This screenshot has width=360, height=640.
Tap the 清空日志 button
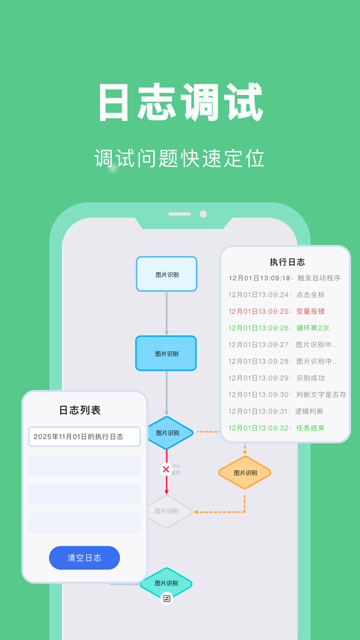coord(84,558)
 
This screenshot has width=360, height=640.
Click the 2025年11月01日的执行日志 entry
coord(84,436)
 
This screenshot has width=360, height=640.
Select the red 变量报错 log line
coord(276,311)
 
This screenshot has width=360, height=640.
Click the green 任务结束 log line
coord(276,428)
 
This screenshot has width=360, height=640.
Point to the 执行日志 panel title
coord(287,262)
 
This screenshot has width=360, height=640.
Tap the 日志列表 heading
coord(80,410)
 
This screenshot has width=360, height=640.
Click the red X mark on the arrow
coord(166,469)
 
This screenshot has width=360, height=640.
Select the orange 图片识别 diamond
coord(245,472)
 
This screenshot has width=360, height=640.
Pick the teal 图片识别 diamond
coord(166,583)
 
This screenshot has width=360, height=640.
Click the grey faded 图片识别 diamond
coord(167,511)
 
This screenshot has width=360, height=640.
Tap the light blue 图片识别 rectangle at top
coord(166,274)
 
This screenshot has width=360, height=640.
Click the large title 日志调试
coord(180,102)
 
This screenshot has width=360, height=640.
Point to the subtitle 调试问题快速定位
coord(179,158)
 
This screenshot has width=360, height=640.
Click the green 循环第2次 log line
coord(279,328)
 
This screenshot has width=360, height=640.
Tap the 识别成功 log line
coord(276,378)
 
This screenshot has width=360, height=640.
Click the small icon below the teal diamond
coord(166,598)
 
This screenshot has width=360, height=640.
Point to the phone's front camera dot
coord(203,214)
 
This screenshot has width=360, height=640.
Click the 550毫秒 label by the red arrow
coord(175,469)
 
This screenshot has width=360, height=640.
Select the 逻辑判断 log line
coord(276,411)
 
